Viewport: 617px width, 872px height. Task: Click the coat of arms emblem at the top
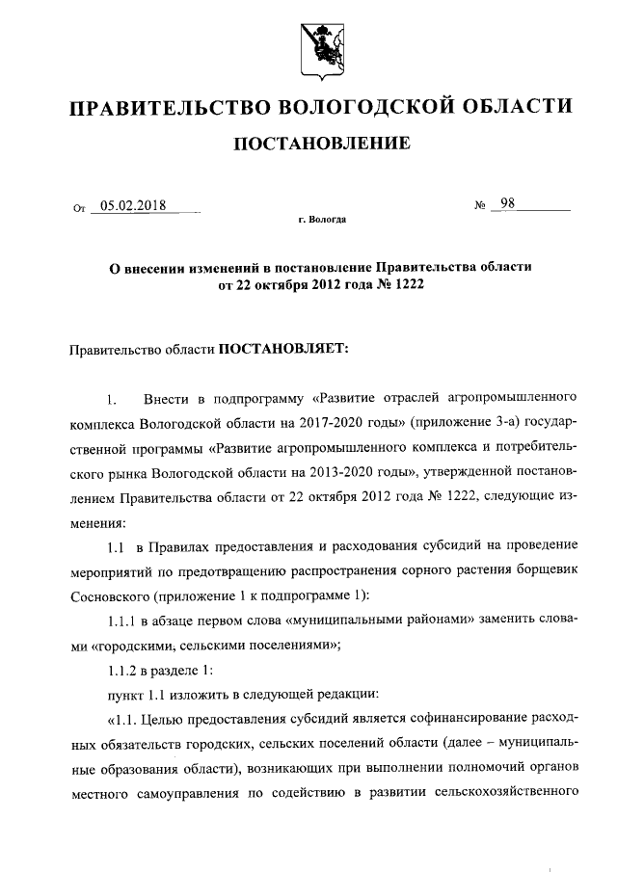pyautogui.click(x=308, y=43)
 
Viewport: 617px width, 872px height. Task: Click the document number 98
pyautogui.click(x=507, y=203)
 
